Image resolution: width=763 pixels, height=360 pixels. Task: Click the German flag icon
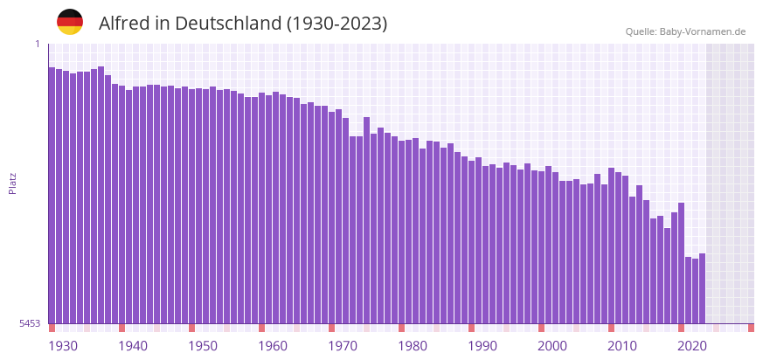(x=70, y=23)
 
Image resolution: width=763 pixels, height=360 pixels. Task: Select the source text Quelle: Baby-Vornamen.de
(x=685, y=32)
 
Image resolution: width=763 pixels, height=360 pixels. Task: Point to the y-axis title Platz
(x=13, y=183)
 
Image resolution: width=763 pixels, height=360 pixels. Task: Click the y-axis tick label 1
(x=38, y=45)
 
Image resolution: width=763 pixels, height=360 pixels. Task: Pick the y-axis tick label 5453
(x=30, y=323)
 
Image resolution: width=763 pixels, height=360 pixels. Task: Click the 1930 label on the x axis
(x=63, y=346)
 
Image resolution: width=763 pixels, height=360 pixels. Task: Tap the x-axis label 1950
(x=203, y=346)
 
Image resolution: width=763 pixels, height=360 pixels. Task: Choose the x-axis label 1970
(x=343, y=346)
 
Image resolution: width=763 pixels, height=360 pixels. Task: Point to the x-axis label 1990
(x=482, y=346)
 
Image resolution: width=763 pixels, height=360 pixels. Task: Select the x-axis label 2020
(x=692, y=346)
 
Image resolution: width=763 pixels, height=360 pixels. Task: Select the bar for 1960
(x=262, y=210)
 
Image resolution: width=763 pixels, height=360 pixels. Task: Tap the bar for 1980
(x=402, y=232)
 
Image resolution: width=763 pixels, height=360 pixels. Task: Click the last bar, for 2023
(x=703, y=288)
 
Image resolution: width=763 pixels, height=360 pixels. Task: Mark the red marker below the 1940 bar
(x=122, y=328)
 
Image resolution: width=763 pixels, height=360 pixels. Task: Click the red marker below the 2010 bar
(x=612, y=328)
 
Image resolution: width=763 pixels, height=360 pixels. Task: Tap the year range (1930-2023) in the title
(x=337, y=24)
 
